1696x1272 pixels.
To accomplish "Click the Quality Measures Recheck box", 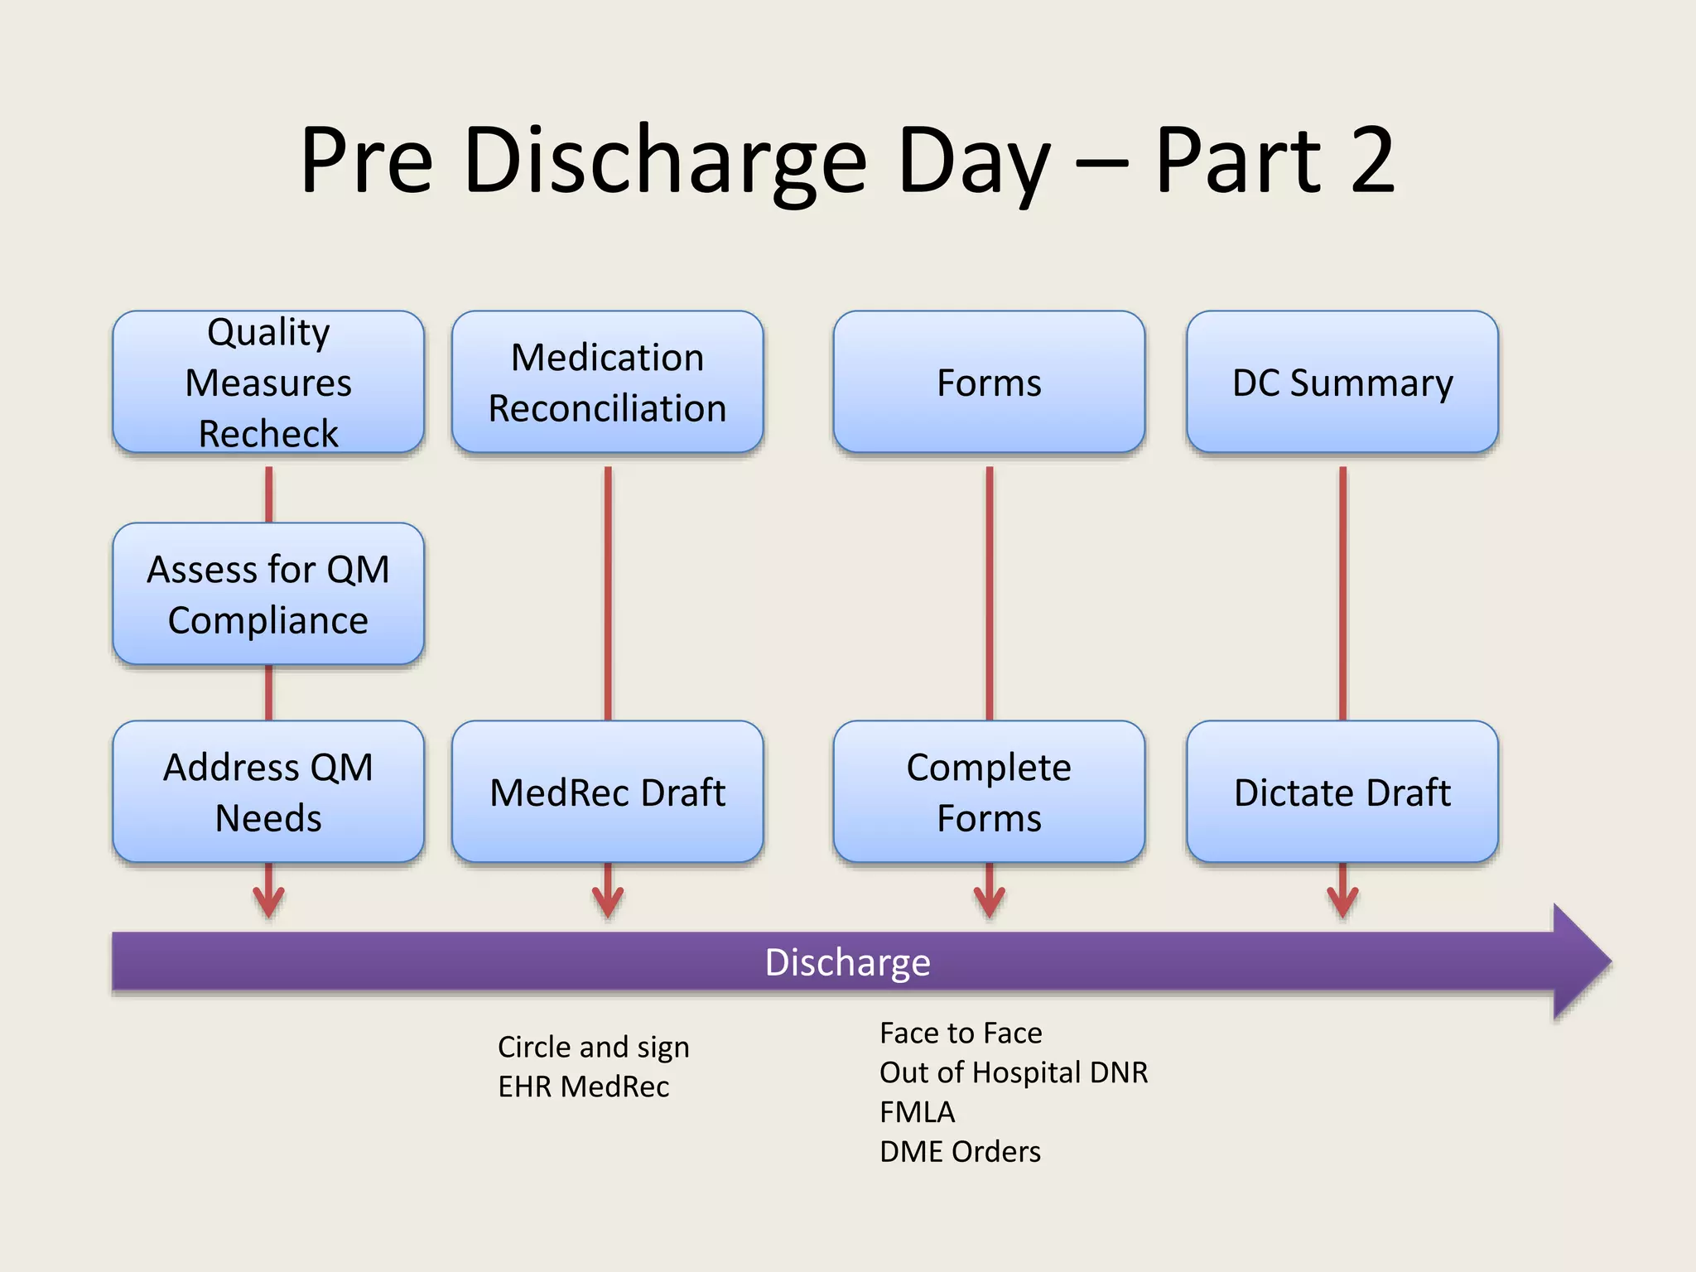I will point(268,382).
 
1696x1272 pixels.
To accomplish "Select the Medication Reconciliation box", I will point(607,382).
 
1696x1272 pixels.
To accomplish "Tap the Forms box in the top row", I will point(989,382).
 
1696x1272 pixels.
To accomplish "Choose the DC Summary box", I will point(1342,382).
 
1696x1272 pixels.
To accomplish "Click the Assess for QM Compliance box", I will point(268,594).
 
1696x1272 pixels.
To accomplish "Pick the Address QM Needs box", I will point(268,792).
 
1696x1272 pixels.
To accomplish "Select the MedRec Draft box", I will point(607,792).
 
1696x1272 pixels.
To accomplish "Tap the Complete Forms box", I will point(989,792).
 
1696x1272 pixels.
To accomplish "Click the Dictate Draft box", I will point(1342,792).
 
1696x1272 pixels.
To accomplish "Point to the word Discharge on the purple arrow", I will point(847,962).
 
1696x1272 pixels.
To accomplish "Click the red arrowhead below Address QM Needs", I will point(268,903).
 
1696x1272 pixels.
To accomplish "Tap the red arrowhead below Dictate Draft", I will point(1342,903).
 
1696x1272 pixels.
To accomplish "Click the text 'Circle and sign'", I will point(593,1048).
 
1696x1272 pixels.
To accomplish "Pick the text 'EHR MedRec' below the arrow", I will point(583,1086).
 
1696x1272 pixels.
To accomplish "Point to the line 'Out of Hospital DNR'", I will point(1013,1072).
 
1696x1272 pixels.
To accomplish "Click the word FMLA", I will point(917,1112).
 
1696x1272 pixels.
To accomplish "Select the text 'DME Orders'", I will point(960,1152).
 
